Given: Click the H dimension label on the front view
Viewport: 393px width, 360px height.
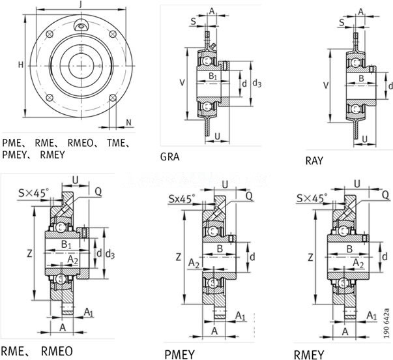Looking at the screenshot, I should [x=20, y=65].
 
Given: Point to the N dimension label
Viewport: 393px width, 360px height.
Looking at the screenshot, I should [x=128, y=122].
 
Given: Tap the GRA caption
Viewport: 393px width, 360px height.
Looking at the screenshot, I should [x=170, y=157].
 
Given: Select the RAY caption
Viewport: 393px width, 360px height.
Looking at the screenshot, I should [x=315, y=160].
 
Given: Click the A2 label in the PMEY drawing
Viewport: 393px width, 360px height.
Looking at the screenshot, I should [x=194, y=263].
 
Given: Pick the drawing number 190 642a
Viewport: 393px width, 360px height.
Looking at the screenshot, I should [x=387, y=319].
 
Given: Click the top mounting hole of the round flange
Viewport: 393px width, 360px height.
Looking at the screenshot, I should [x=80, y=25].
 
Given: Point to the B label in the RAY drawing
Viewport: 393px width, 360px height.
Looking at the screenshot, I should [x=360, y=78].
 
